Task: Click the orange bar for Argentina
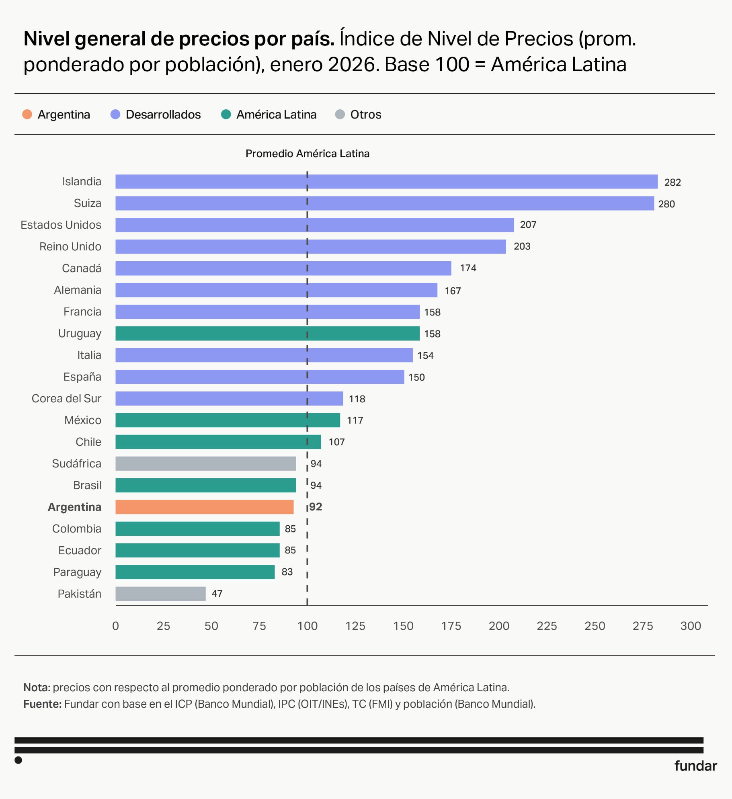tap(204, 507)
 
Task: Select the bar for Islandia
tap(386, 182)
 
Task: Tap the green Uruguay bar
tap(267, 334)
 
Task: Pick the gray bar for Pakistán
tap(160, 594)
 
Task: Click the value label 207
tap(528, 225)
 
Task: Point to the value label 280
tap(666, 204)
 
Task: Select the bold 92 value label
tap(316, 507)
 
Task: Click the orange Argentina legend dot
tap(27, 115)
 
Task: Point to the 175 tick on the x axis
tap(451, 626)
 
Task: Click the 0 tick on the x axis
tap(115, 626)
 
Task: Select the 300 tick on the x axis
tap(690, 626)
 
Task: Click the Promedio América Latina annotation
tap(307, 154)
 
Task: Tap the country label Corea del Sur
tap(66, 398)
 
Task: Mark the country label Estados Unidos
tap(61, 225)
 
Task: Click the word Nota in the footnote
tap(37, 687)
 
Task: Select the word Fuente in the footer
tap(42, 704)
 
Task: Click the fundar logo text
tap(695, 766)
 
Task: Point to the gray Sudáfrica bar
tap(205, 463)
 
